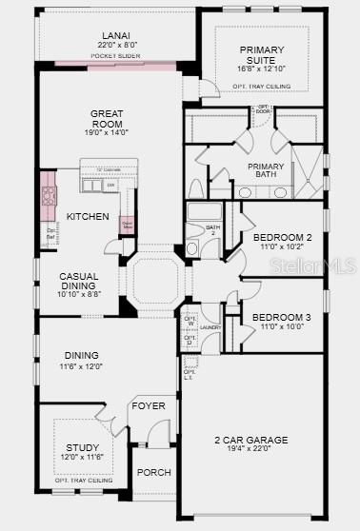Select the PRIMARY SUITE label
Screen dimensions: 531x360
tap(262, 54)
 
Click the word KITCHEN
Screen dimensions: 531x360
tap(88, 216)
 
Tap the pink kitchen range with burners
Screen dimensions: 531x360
tap(50, 196)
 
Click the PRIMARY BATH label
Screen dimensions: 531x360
tap(270, 171)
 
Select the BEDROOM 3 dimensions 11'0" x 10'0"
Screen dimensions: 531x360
tap(283, 325)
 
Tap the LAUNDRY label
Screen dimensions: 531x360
tap(210, 327)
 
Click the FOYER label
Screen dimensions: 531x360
tap(149, 406)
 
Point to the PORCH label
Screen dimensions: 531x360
tap(153, 472)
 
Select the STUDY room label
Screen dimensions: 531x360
tap(82, 447)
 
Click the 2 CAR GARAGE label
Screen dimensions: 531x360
tap(250, 440)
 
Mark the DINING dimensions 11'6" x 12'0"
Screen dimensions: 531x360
tap(81, 365)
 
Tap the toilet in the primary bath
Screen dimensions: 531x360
tap(196, 187)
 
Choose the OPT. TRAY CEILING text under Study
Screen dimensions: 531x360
tap(83, 481)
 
